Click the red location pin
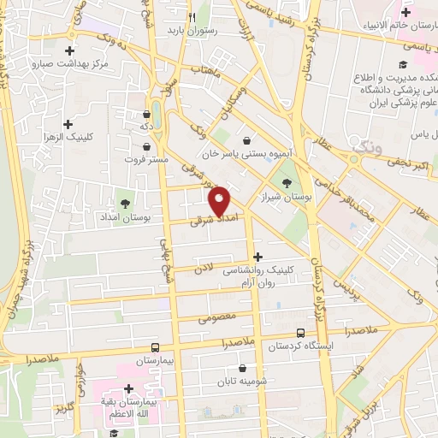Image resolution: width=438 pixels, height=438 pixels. tap(220, 200)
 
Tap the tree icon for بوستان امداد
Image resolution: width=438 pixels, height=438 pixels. tap(126, 204)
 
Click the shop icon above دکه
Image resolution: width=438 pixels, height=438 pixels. tap(146, 111)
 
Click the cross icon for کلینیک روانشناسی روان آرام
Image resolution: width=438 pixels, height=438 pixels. tap(258, 256)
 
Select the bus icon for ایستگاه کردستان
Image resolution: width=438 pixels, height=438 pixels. tap(299, 333)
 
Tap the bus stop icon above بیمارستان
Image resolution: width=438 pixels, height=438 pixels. tap(155, 346)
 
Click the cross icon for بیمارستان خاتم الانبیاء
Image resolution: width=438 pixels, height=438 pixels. tap(357, 12)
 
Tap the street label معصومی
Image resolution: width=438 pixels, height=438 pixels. tap(214, 319)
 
